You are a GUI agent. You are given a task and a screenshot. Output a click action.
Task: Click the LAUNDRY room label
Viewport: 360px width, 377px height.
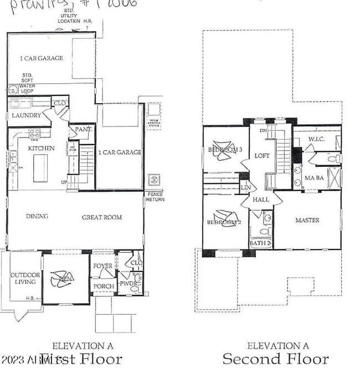[x=27, y=115]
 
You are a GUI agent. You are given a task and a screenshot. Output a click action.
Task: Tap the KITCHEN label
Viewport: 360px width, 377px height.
[x=42, y=149]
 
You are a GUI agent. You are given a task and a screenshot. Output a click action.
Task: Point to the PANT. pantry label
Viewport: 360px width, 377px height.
[x=82, y=130]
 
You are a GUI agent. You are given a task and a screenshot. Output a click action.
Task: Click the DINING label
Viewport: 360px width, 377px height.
[x=37, y=217]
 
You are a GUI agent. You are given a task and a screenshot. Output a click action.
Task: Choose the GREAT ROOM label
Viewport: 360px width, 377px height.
[x=102, y=217]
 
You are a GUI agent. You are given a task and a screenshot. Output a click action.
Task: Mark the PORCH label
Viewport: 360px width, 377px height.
[x=104, y=286]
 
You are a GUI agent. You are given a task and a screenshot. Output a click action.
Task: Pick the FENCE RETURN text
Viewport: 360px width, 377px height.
[x=154, y=197]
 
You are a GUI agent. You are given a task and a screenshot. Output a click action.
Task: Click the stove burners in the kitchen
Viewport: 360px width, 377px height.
[x=34, y=133]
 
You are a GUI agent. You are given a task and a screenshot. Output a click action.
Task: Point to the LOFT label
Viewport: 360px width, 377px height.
[x=261, y=156]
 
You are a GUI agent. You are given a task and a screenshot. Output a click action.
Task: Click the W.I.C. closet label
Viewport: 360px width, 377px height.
[x=316, y=139]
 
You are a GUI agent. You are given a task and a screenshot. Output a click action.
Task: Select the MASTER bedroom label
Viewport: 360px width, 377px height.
[x=307, y=220]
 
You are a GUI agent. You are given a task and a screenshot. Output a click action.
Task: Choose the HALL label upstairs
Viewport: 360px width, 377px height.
[x=260, y=200]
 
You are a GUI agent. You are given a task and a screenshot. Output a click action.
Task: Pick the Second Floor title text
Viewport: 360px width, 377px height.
[x=275, y=359]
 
